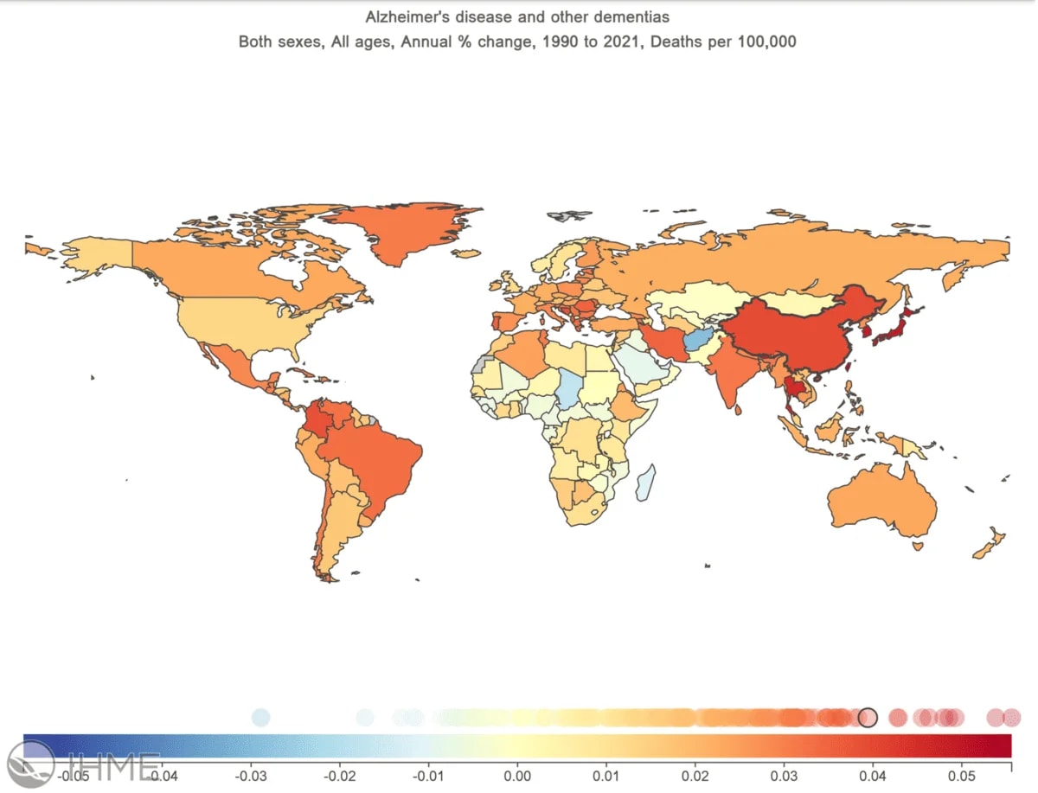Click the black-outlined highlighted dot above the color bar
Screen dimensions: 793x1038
coord(868,717)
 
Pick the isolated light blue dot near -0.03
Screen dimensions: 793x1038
coord(260,717)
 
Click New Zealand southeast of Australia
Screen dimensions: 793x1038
coord(990,545)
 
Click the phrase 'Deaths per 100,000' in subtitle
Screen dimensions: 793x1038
coord(732,42)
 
